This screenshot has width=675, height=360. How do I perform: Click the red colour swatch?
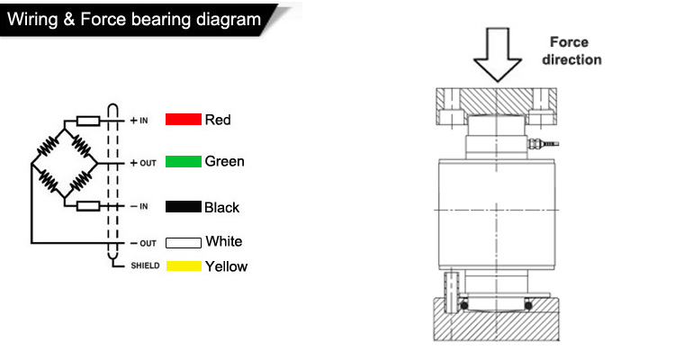click(184, 120)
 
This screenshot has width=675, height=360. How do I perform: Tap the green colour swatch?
click(184, 161)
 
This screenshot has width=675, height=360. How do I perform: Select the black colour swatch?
click(184, 207)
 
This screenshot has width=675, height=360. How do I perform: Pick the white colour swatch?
click(184, 243)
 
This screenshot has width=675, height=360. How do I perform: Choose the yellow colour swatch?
click(184, 266)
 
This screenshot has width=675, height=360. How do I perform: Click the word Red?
click(218, 120)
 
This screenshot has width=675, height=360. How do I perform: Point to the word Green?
click(225, 161)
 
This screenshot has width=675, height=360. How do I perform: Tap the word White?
click(224, 241)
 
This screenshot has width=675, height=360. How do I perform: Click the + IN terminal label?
click(139, 121)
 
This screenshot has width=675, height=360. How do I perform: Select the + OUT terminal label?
click(143, 163)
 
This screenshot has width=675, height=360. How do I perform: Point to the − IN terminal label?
click(139, 207)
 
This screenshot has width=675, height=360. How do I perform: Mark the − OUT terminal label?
click(143, 243)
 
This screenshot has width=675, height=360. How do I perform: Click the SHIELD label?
click(145, 265)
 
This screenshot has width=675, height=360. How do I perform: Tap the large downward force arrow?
click(498, 55)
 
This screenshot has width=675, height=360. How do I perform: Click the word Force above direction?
click(569, 42)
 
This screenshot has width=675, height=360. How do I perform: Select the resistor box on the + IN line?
click(88, 121)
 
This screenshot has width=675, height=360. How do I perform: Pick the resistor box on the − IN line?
click(88, 206)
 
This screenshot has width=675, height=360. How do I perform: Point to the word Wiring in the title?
click(32, 20)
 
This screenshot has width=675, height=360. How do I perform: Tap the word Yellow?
click(227, 266)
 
